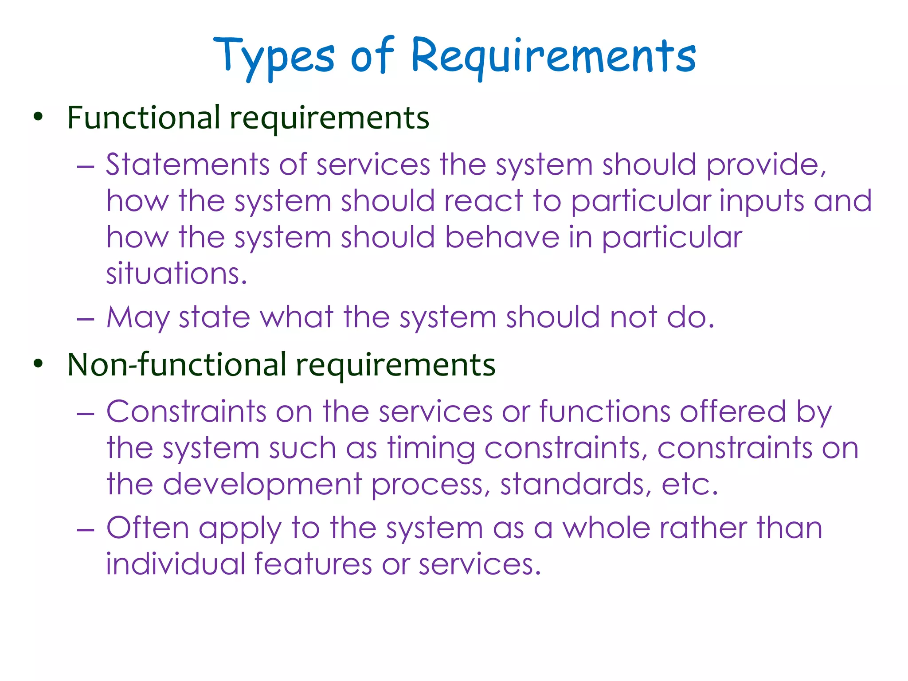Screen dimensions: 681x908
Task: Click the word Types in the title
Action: coord(274,57)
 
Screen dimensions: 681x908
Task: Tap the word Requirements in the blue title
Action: coord(553,57)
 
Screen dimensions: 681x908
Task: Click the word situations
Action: coord(176,274)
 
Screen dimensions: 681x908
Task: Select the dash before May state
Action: coord(85,319)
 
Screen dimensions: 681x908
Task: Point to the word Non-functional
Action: coord(177,364)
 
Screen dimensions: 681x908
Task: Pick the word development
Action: coord(262,485)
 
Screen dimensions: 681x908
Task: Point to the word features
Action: coord(313,564)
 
